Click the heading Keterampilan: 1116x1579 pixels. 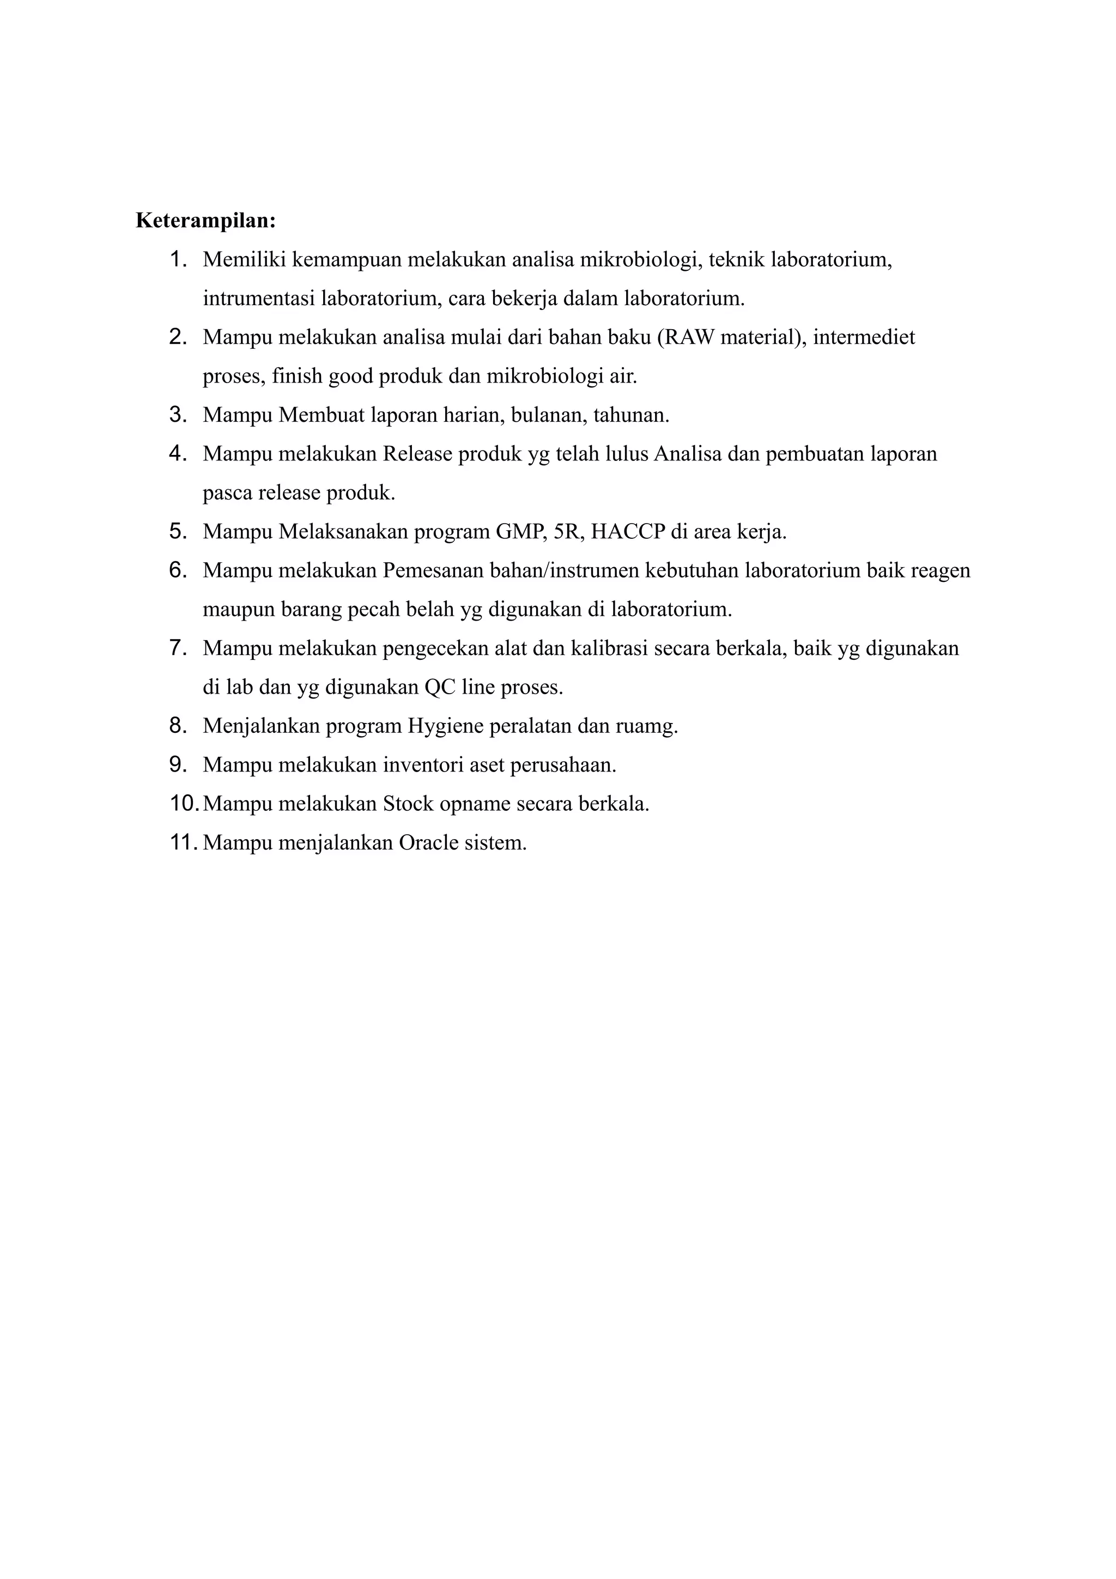point(205,221)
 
